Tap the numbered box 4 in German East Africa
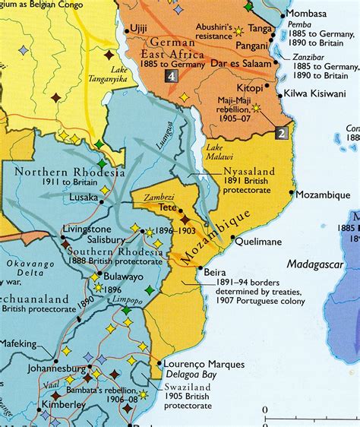point(173,76)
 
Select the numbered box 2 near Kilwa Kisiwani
point(280,132)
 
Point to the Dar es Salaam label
point(241,64)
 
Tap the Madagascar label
point(315,264)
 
